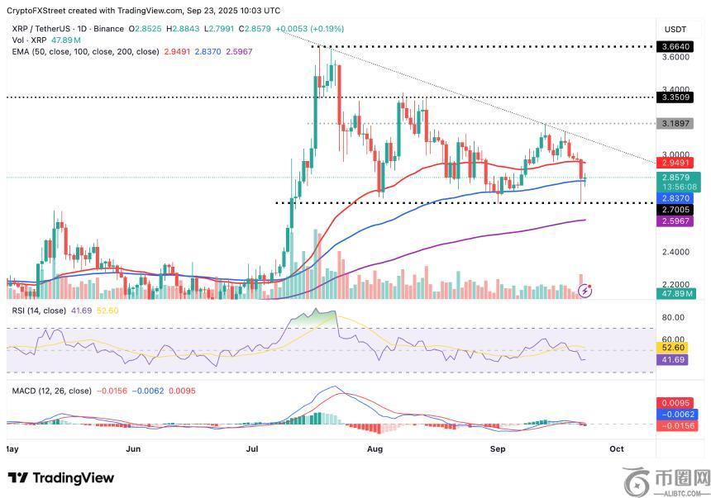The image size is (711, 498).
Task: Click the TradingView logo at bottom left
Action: point(61,478)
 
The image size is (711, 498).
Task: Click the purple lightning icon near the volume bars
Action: point(585,290)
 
